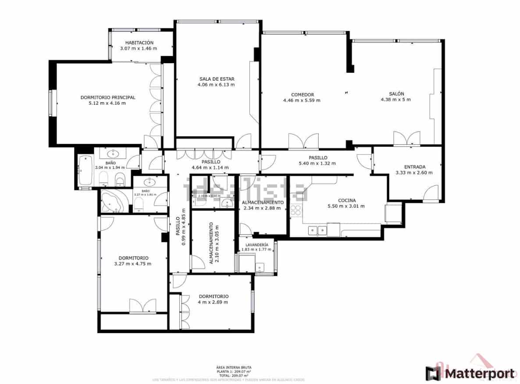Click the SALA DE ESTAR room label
(x=216, y=79)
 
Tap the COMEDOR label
(x=302, y=95)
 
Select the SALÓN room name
(x=396, y=94)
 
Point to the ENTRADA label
(x=414, y=167)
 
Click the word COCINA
(x=346, y=200)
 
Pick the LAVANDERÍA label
(x=256, y=245)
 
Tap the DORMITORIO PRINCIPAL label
(x=107, y=97)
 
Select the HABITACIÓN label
(x=139, y=43)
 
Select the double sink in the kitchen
(x=317, y=229)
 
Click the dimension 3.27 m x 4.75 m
(x=133, y=263)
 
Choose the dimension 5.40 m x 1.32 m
(x=317, y=164)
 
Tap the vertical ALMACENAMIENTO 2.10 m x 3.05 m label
(x=214, y=243)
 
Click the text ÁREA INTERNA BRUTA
(x=234, y=368)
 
